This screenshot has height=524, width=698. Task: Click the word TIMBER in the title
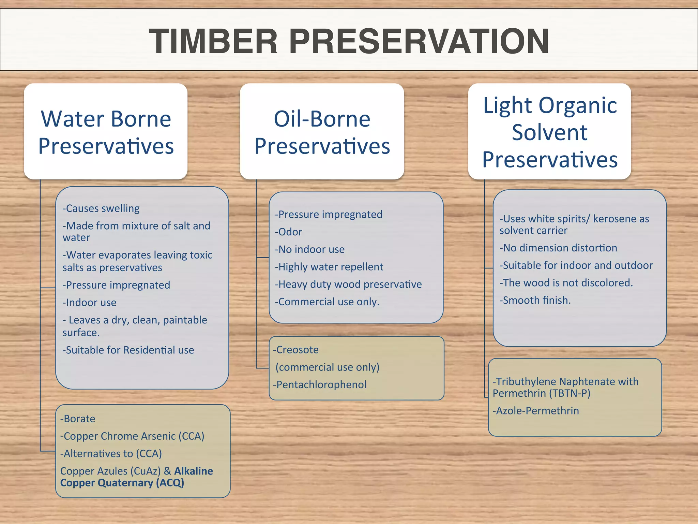click(x=213, y=41)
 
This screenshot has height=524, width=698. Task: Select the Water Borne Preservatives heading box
click(x=106, y=132)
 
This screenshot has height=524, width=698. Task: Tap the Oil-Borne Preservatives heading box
click(x=322, y=132)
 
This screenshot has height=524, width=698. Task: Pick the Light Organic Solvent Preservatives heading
click(x=550, y=132)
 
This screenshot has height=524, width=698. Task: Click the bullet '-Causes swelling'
click(x=101, y=208)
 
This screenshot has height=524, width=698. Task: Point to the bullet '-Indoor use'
click(x=90, y=303)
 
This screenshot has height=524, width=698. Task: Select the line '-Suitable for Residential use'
click(x=128, y=350)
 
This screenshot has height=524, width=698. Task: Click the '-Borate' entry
click(x=78, y=419)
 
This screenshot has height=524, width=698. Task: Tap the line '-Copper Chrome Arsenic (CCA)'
click(x=132, y=436)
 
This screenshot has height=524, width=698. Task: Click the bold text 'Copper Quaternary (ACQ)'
click(x=122, y=483)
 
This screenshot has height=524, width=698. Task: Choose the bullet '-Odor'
click(x=289, y=232)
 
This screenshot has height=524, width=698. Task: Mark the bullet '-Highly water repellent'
click(x=329, y=267)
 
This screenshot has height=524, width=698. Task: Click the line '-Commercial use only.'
click(x=327, y=302)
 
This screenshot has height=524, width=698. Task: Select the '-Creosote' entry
click(x=296, y=350)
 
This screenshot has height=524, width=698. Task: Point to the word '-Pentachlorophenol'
click(x=320, y=385)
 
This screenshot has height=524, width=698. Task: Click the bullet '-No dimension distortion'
click(x=558, y=248)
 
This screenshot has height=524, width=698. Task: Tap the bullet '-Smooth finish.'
click(x=535, y=300)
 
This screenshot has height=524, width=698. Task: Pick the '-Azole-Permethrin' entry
click(x=536, y=411)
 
